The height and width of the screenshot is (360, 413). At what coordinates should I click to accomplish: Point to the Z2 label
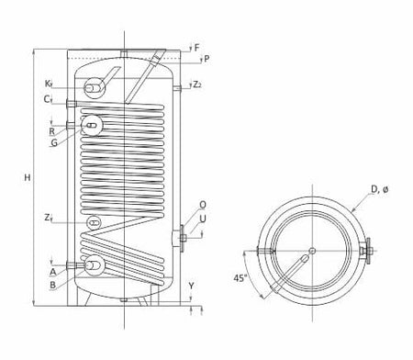(198, 84)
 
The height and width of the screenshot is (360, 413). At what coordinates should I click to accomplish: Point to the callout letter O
(202, 205)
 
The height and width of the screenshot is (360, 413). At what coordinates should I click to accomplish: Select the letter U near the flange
(202, 219)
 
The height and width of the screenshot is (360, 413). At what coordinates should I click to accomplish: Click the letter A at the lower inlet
(54, 272)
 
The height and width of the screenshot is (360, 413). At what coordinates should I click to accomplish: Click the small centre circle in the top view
(312, 250)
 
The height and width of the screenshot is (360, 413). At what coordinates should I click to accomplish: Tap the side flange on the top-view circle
(369, 249)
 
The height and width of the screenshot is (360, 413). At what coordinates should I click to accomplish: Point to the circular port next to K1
(94, 87)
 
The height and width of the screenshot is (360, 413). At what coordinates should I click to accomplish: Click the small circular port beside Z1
(94, 223)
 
